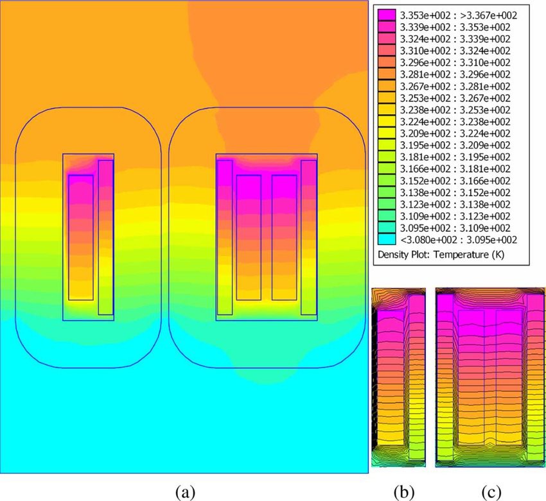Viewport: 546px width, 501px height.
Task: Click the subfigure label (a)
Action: click(186, 491)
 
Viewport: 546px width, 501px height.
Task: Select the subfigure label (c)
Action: click(491, 491)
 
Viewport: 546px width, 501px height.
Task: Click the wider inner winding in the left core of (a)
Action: click(80, 237)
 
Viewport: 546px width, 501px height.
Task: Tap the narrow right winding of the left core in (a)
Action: click(105, 237)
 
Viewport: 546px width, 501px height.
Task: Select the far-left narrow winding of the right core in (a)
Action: click(224, 237)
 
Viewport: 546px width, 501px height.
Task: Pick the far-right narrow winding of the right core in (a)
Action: click(309, 237)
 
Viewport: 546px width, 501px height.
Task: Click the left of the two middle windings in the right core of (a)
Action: click(248, 237)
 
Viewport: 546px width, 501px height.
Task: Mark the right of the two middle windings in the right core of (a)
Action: click(284, 237)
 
